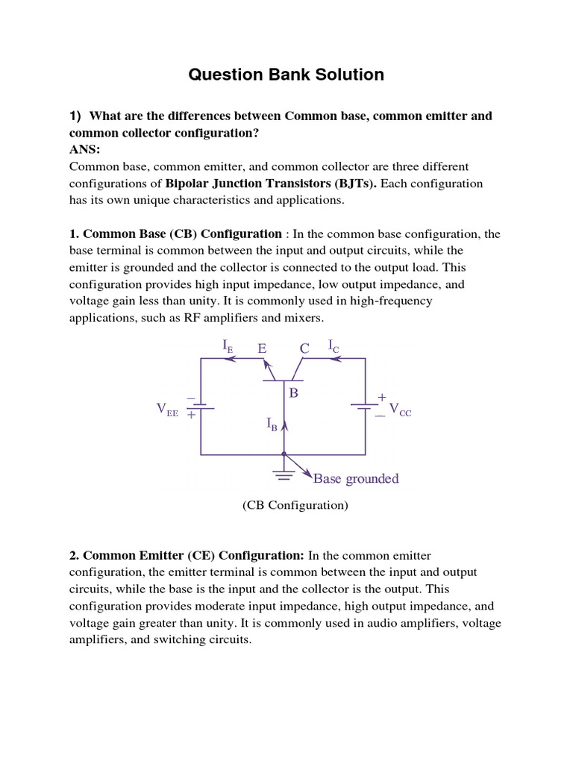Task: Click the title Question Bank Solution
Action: (286, 75)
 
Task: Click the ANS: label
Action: (85, 149)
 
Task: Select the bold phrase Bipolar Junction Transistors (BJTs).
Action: (271, 184)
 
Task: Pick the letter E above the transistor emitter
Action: (262, 348)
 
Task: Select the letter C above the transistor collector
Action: (304, 348)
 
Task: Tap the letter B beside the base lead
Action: (294, 392)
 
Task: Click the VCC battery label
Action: (400, 410)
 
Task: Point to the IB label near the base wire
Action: (272, 424)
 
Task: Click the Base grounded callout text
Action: (356, 479)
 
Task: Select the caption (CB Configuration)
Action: (295, 505)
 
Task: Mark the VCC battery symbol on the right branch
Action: (365, 407)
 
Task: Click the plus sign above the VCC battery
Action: (381, 398)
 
